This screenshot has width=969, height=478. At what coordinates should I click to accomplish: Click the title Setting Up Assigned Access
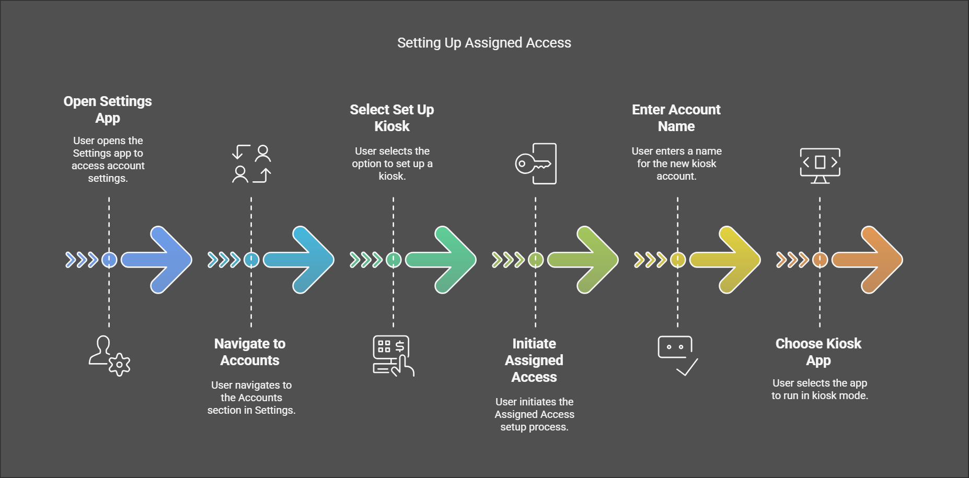tap(484, 43)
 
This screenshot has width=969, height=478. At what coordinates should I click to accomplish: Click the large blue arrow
tap(156, 260)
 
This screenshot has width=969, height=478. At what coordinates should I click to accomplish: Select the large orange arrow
tap(867, 260)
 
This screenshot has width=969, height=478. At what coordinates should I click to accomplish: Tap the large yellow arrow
tap(725, 260)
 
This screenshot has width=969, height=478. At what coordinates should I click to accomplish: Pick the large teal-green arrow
tap(441, 260)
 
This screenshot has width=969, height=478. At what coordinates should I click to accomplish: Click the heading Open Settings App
tap(108, 109)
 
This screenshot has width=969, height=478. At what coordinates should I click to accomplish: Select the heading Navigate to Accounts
tap(250, 352)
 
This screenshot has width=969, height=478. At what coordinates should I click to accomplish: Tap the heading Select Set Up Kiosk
tap(392, 118)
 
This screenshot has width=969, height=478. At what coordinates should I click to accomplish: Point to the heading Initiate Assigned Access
tap(534, 360)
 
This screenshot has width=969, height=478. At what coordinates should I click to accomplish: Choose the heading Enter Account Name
tap(676, 118)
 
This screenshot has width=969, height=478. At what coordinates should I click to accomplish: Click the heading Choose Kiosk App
tap(818, 352)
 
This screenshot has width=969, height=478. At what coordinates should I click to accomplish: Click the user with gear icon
tap(109, 356)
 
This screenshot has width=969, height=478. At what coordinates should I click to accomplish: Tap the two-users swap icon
tap(251, 164)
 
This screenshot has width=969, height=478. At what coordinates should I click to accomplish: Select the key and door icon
tap(536, 164)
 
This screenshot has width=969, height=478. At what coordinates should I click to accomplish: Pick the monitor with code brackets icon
tap(820, 166)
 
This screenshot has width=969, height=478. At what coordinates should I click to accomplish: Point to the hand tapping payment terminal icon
tap(394, 356)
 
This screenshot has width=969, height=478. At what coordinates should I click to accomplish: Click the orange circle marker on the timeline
tap(820, 260)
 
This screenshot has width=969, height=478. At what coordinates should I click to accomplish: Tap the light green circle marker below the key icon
tap(536, 260)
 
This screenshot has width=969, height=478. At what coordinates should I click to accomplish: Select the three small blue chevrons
tap(82, 260)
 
